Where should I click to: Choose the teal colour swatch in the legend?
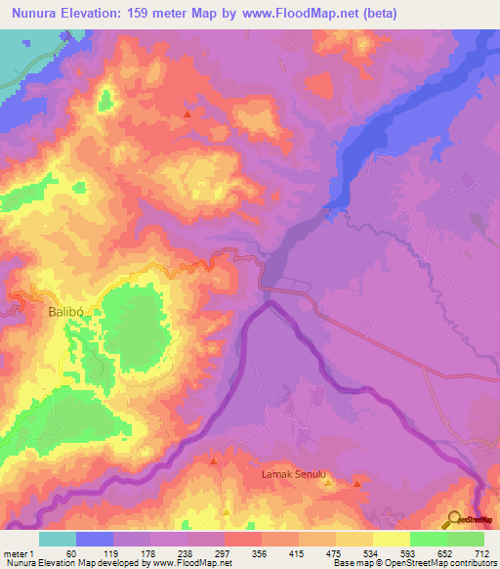[x=58, y=539]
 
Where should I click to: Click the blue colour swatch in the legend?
[x=95, y=539]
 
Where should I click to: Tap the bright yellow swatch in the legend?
[x=392, y=539]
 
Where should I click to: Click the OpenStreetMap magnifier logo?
[x=451, y=519]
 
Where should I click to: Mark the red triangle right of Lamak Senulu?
[x=357, y=484]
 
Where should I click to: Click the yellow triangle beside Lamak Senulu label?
[x=329, y=481]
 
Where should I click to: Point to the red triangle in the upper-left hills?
[x=187, y=114]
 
